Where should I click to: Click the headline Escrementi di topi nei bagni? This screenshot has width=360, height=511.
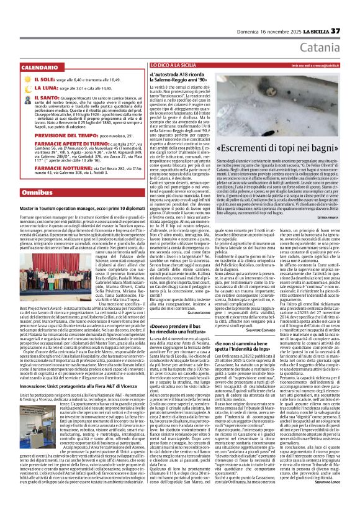coord(286,148)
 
